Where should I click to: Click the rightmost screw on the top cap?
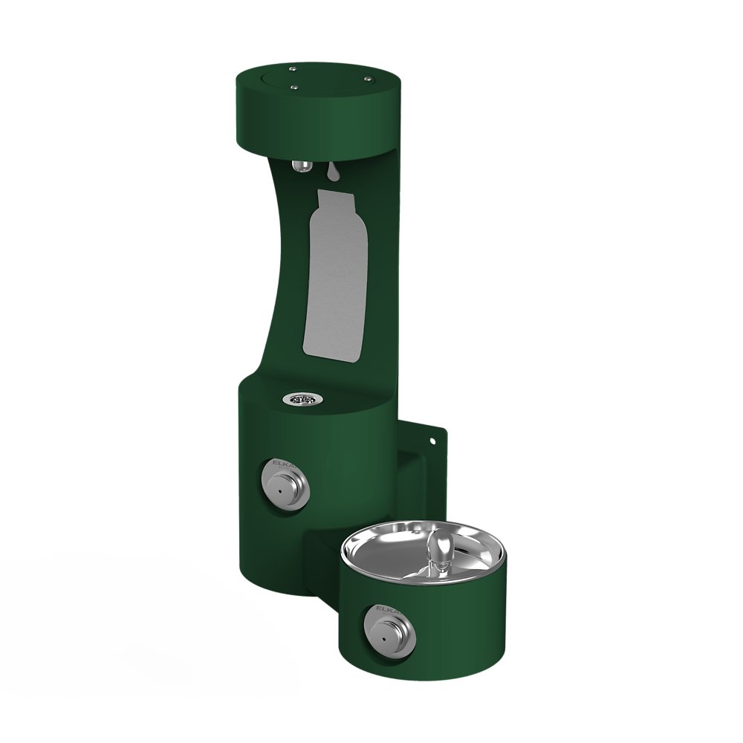click(x=367, y=77)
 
